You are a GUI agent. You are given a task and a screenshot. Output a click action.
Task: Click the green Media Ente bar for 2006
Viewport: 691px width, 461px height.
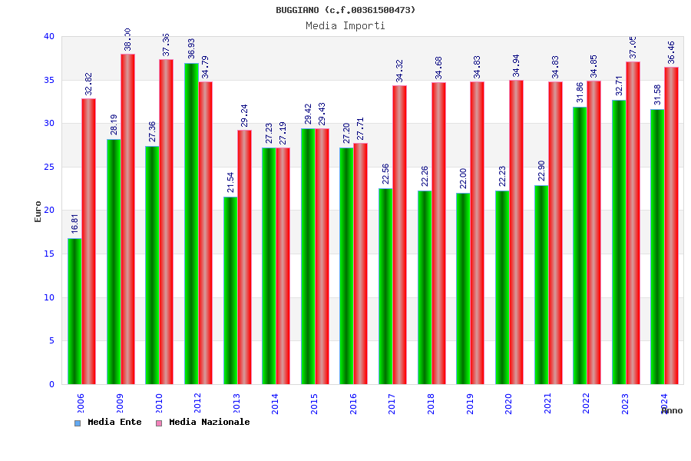(74, 311)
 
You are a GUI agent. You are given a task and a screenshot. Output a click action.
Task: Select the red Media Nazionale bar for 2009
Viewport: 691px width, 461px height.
(127, 219)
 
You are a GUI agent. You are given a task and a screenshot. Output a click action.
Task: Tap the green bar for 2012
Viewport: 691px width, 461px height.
(191, 224)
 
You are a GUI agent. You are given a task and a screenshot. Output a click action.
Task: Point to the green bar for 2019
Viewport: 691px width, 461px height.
(463, 288)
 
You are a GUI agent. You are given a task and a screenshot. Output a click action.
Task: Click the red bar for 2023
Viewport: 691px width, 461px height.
(633, 223)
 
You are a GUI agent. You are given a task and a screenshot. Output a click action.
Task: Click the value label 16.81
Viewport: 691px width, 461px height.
(75, 224)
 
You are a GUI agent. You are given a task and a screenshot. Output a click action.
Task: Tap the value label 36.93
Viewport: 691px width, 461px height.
(191, 48)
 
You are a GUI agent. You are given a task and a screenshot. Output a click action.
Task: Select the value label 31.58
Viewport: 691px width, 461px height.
(658, 95)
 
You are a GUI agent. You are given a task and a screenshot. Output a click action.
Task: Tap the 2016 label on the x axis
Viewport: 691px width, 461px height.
(353, 404)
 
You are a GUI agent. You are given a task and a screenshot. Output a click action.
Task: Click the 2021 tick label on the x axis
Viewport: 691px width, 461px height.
(547, 404)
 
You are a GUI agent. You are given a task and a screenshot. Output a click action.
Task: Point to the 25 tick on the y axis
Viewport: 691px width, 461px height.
(49, 167)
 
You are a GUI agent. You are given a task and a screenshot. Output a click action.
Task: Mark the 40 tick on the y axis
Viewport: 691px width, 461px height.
(49, 36)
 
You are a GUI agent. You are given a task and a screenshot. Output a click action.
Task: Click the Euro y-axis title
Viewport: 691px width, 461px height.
(38, 211)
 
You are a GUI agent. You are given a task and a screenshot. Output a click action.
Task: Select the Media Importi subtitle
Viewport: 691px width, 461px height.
(345, 25)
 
